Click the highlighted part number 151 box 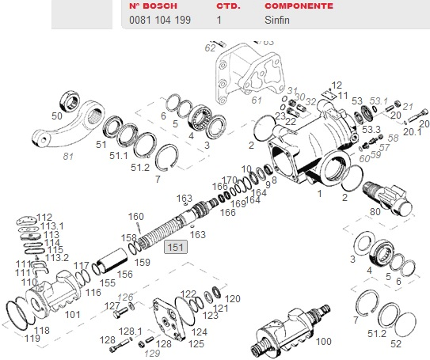[176, 247]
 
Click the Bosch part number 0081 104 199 [160, 20]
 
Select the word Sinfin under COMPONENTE [277, 20]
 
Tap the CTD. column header [228, 6]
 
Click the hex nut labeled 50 [70, 100]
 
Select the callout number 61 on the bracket [257, 100]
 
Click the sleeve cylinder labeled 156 [113, 260]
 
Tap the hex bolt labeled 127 [120, 313]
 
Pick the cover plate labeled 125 [169, 318]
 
